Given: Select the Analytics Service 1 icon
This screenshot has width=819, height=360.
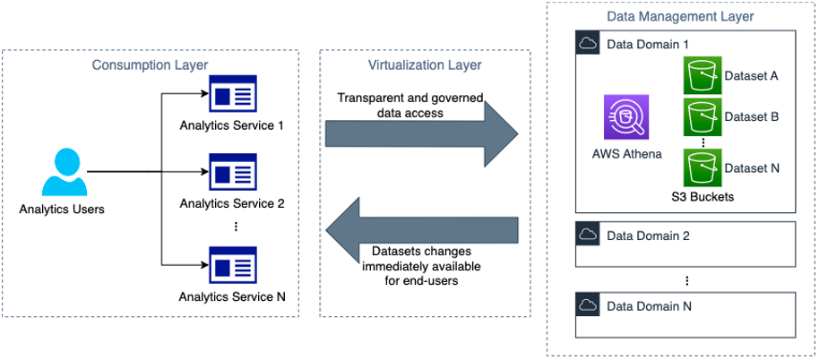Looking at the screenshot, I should [232, 94].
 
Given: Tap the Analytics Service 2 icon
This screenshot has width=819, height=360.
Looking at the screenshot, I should [232, 172].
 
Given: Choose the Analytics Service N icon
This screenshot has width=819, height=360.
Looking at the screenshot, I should [232, 265].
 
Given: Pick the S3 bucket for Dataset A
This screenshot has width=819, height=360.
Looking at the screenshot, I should [701, 76].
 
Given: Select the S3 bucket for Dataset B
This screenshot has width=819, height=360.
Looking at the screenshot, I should [701, 117].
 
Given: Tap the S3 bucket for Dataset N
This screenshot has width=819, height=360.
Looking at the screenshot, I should [701, 167].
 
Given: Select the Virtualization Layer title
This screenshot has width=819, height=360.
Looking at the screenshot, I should [425, 64].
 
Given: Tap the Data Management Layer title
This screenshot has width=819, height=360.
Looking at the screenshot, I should [681, 16].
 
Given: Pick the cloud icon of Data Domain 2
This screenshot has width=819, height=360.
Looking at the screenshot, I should [588, 236].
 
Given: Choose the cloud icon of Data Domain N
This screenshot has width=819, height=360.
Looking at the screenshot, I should [588, 306].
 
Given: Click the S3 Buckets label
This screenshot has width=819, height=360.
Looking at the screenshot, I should [703, 196].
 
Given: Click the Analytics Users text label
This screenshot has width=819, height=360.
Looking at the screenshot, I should [62, 210].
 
